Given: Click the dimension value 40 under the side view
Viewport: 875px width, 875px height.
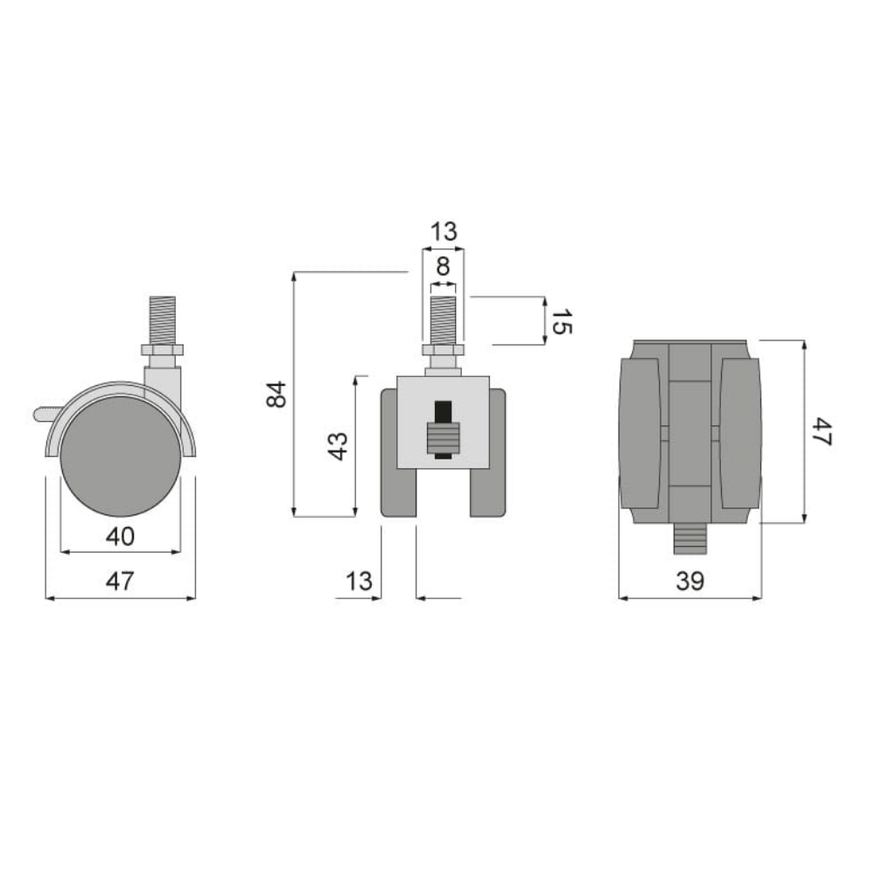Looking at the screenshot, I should (x=120, y=535).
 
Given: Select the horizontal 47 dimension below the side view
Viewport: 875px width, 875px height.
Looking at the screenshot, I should (x=120, y=581).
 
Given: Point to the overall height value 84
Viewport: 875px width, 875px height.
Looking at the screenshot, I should (x=275, y=395).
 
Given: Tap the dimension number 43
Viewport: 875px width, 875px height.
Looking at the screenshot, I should (x=339, y=445).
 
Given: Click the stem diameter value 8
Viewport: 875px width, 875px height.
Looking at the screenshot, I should (x=444, y=267).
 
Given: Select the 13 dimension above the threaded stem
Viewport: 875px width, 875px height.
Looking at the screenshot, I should (x=444, y=232).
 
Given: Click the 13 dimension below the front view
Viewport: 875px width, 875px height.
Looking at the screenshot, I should (x=359, y=580).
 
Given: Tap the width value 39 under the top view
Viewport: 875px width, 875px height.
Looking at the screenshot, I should (x=689, y=581).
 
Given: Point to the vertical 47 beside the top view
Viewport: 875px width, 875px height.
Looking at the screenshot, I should (x=820, y=431).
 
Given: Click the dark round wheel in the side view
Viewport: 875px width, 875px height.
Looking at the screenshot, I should (x=120, y=455).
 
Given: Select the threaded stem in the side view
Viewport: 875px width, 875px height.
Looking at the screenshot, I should (x=161, y=320).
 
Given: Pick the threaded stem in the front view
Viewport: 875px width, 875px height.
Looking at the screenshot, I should (x=444, y=319).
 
